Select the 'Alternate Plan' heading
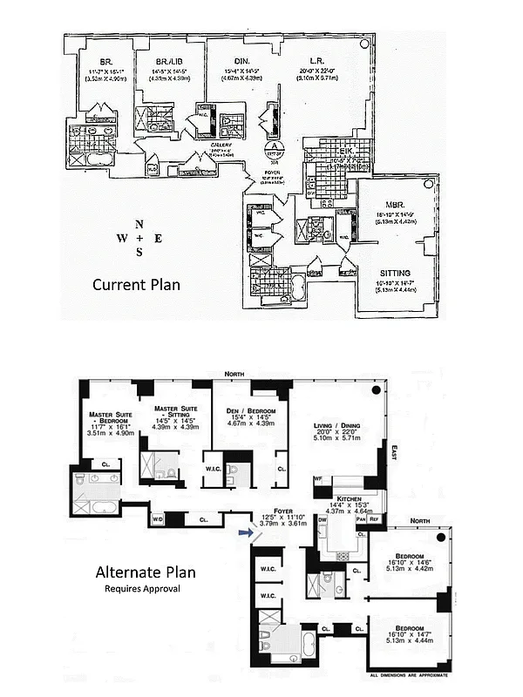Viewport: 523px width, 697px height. click(x=145, y=572)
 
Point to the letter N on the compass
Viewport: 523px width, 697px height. click(x=139, y=223)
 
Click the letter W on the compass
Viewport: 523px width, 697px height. click(x=121, y=238)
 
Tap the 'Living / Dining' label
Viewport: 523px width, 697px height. click(x=335, y=426)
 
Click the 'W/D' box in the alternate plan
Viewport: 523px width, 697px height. click(x=158, y=519)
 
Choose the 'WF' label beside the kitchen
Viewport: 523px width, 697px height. click(x=317, y=479)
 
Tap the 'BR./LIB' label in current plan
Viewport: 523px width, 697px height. click(x=168, y=62)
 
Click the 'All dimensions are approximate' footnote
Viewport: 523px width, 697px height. click(x=409, y=675)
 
